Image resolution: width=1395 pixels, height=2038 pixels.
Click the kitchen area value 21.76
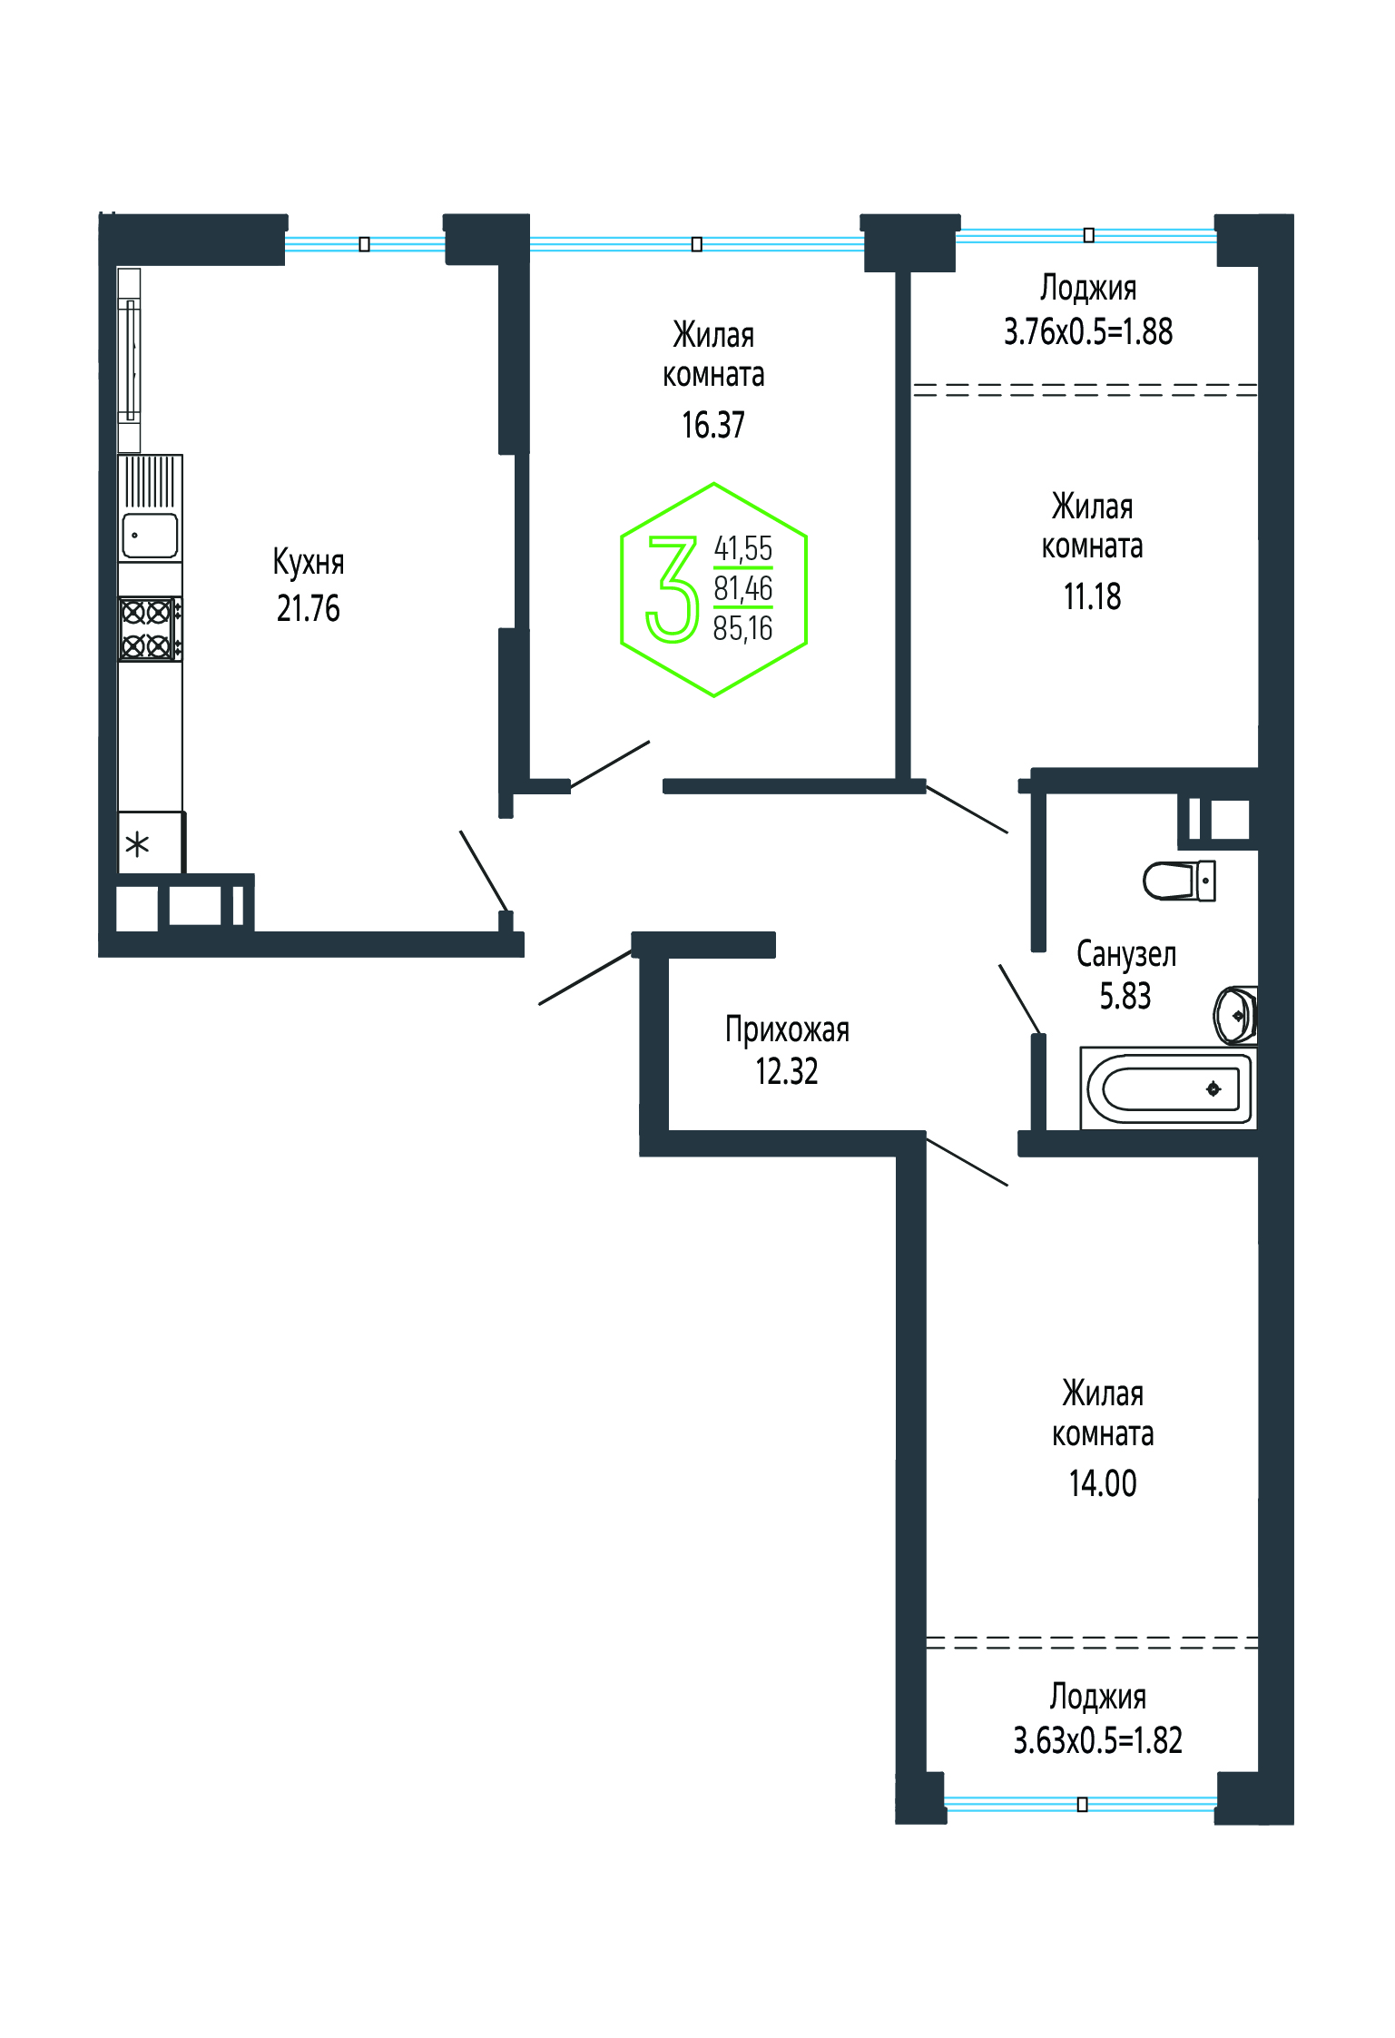click(x=309, y=608)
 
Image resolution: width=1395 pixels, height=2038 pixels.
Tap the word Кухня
click(x=309, y=563)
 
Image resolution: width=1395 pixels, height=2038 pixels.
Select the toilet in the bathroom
click(x=1179, y=881)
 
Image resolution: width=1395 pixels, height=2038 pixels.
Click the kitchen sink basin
click(x=151, y=536)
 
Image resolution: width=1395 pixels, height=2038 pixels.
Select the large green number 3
click(x=673, y=589)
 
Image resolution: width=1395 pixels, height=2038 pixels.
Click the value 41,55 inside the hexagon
click(x=743, y=548)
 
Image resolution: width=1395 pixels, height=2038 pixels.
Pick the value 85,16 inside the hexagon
click(x=743, y=628)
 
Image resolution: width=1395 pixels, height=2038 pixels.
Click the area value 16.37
click(x=713, y=425)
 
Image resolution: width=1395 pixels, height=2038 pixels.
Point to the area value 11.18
click(x=1093, y=596)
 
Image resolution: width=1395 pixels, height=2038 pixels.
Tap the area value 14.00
click(x=1103, y=1482)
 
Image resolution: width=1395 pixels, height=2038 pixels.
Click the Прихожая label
click(x=787, y=1029)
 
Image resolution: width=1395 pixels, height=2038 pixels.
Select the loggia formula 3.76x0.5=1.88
click(x=1088, y=331)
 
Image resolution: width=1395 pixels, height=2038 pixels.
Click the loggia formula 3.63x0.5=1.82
click(x=1098, y=1740)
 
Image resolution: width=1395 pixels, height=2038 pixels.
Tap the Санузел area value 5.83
click(x=1125, y=996)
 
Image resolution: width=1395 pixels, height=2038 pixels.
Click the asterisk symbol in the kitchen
click(x=137, y=845)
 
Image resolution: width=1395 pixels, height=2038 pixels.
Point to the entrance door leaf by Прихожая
click(x=586, y=977)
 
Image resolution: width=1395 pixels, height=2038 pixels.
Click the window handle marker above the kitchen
click(x=364, y=244)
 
